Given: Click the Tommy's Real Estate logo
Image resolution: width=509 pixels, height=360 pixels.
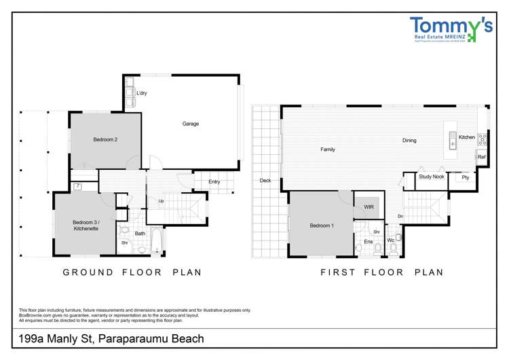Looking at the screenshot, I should click(x=451, y=29).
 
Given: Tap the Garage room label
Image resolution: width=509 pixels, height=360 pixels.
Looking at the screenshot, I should click(x=191, y=124).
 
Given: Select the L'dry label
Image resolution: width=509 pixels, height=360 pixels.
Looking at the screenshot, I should click(x=143, y=93).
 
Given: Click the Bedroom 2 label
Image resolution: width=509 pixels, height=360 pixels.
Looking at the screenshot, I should click(x=105, y=140).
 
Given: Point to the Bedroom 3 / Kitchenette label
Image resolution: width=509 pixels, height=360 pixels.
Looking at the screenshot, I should click(x=86, y=226).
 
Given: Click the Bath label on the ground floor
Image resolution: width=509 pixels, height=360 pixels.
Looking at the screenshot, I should click(x=140, y=234).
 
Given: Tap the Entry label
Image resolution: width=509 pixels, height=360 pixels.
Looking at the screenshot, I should click(x=214, y=181).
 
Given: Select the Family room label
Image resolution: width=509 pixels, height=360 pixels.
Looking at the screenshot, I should click(x=328, y=149).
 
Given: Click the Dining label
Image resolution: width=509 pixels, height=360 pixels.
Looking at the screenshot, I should click(x=409, y=141).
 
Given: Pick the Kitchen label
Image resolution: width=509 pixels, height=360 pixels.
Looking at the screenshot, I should click(x=467, y=137).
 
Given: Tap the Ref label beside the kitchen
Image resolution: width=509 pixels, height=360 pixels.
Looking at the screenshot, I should click(x=481, y=158).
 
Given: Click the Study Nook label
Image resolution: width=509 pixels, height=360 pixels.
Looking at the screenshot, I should click(x=431, y=177).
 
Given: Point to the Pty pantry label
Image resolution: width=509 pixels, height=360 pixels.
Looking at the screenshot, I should click(x=465, y=177).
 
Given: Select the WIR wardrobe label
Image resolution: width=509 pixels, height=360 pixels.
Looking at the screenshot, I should click(x=369, y=206).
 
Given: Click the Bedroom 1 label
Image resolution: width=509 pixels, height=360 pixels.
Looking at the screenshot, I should click(x=322, y=226).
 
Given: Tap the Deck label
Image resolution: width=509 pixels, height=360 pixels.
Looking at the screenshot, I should click(x=265, y=181).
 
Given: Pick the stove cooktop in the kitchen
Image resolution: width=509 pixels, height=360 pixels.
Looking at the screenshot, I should click(x=483, y=139).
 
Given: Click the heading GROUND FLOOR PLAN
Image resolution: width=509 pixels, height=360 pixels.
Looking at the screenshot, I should click(x=132, y=272).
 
